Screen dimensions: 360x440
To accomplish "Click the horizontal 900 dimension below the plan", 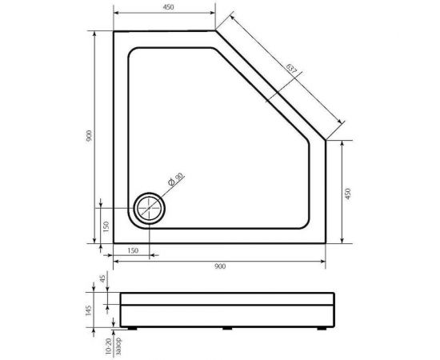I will pyautogui.click(x=219, y=266).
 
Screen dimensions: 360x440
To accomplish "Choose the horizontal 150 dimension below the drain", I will pyautogui.click(x=132, y=251).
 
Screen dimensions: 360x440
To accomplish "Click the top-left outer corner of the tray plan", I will pyautogui.click(x=113, y=31).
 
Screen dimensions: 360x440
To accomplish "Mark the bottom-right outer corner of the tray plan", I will pyautogui.click(x=326, y=244).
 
